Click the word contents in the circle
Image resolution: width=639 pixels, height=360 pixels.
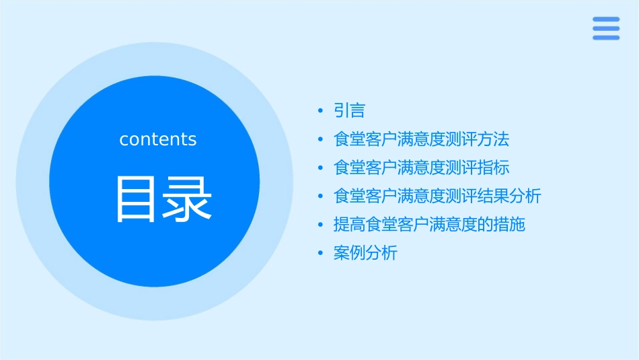(x=158, y=139)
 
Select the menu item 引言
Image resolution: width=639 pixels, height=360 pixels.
(x=349, y=110)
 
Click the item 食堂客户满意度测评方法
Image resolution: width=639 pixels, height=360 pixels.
(x=421, y=139)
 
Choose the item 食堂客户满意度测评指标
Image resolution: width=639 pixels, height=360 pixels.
(x=421, y=168)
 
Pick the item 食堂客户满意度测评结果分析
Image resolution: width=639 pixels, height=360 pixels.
(x=437, y=196)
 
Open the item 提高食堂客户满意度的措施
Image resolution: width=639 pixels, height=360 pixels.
(x=429, y=225)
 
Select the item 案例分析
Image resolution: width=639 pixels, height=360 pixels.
(x=365, y=254)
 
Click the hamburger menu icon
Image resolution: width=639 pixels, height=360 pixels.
(x=606, y=28)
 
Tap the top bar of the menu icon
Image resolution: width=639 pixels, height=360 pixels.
(x=606, y=20)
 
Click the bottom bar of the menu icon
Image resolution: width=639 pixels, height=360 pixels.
(x=606, y=38)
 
